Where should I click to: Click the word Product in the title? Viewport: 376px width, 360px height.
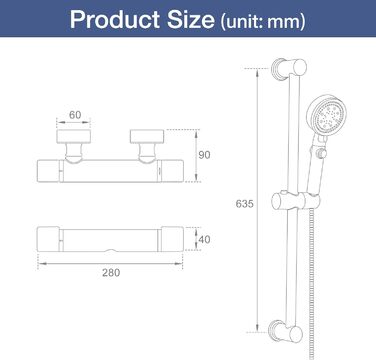pyautogui.click(x=115, y=19)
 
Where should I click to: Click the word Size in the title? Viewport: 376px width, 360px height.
pyautogui.click(x=191, y=19)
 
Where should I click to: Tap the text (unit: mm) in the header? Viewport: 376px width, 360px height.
pyautogui.click(x=263, y=21)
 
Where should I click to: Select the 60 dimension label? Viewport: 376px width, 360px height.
pyautogui.click(x=75, y=115)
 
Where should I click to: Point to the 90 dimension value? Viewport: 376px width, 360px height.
pyautogui.click(x=204, y=155)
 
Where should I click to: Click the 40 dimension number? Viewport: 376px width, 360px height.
pyautogui.click(x=204, y=239)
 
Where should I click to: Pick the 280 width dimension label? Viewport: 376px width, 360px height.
pyautogui.click(x=111, y=273)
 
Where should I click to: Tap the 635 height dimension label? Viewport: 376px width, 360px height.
pyautogui.click(x=244, y=204)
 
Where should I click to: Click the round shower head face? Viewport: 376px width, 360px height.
pyautogui.click(x=327, y=115)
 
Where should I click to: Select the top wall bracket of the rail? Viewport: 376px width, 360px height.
pyautogui.click(x=289, y=69)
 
